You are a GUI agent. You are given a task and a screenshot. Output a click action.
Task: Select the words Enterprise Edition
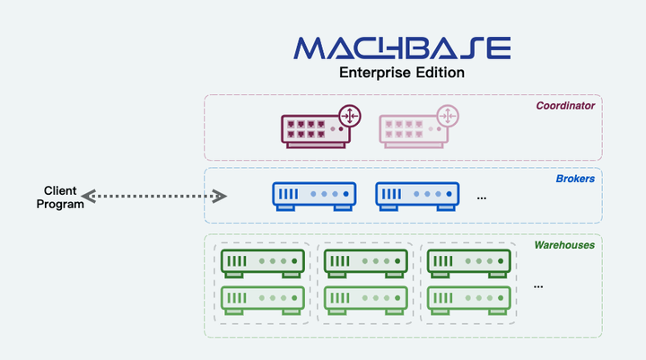pos(401,73)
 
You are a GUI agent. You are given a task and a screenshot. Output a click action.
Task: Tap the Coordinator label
pos(565,106)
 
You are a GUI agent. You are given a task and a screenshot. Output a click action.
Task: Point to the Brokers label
pos(574,179)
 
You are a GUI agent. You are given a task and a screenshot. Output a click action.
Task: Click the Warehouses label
pos(564,244)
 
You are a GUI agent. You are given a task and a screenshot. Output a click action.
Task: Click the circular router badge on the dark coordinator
pos(349,116)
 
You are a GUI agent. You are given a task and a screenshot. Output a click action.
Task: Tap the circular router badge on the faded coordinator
pos(447,116)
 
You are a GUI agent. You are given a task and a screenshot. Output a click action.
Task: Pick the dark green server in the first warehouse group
pos(262,262)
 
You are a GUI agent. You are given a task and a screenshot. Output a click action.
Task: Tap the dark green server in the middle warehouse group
pos(366,262)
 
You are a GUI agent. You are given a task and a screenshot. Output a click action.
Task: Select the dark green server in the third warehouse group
pos(469,262)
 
